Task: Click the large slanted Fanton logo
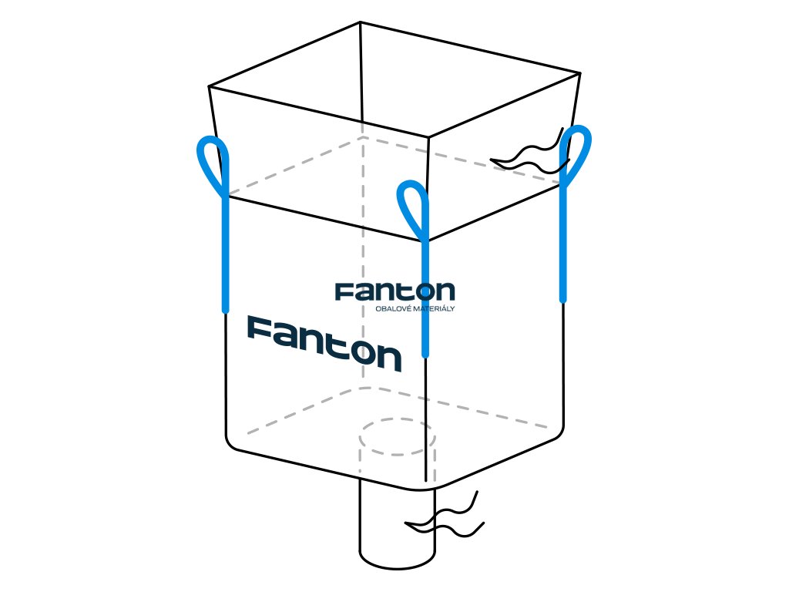[x=324, y=342]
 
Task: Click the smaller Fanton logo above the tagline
[x=394, y=291]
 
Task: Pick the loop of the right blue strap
[x=576, y=152]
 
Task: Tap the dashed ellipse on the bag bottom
[x=398, y=437]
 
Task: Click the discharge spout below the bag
[x=397, y=524]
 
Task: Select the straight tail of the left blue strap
[x=225, y=254]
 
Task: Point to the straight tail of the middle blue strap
[x=425, y=301]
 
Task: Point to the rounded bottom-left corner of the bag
[x=232, y=445]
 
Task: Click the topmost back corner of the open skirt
[x=361, y=22]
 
